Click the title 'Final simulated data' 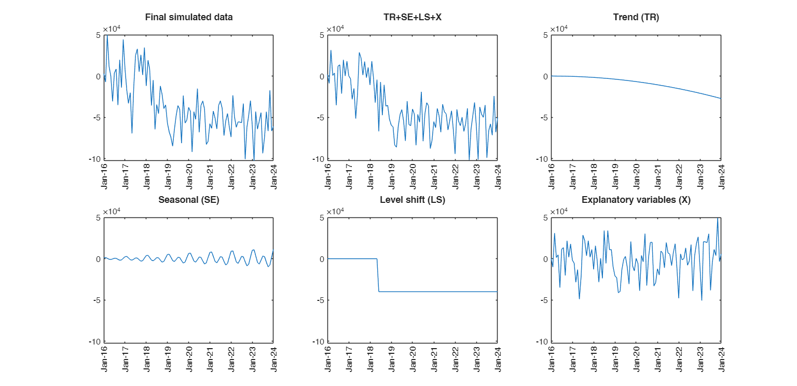point(188,17)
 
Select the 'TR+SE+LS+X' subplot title point(412,17)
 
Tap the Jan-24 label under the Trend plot point(721,176)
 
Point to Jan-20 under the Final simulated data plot point(189,176)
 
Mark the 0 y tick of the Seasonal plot point(99,259)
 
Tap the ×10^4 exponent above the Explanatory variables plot point(559,212)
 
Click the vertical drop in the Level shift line point(378,275)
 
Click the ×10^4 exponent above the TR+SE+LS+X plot point(336,29)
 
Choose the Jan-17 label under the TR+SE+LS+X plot point(349,176)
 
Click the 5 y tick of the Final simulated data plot point(99,35)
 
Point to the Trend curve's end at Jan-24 point(720,98)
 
